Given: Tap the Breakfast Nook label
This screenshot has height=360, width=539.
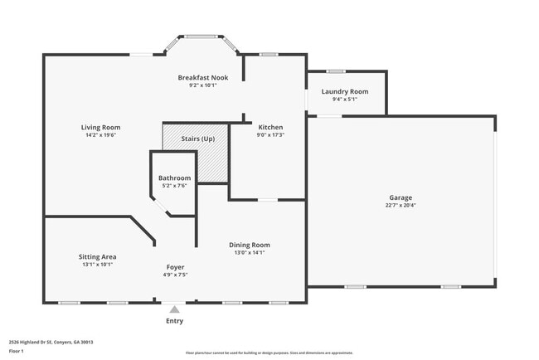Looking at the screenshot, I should (x=202, y=77).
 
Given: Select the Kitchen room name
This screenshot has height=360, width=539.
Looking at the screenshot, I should (x=270, y=127).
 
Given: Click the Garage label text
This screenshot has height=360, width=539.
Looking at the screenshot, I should (x=401, y=197).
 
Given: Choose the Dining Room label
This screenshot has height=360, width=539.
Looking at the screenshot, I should (x=250, y=245).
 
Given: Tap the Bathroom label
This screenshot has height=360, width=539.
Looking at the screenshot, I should (x=174, y=178).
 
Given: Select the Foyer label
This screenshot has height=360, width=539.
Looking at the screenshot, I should (x=175, y=267).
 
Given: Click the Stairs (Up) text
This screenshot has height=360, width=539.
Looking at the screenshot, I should (x=197, y=139).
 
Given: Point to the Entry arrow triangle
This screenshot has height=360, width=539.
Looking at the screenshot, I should (x=174, y=309).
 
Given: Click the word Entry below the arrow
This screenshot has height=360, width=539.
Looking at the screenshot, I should (x=174, y=321).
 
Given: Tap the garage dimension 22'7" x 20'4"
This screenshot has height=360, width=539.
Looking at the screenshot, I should (x=401, y=205).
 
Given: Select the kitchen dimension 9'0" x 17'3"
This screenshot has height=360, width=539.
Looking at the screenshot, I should (x=270, y=134).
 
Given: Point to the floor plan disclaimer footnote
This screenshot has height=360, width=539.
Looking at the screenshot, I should (x=269, y=353).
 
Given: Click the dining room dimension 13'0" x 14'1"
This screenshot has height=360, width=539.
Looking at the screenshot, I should (x=250, y=252).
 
